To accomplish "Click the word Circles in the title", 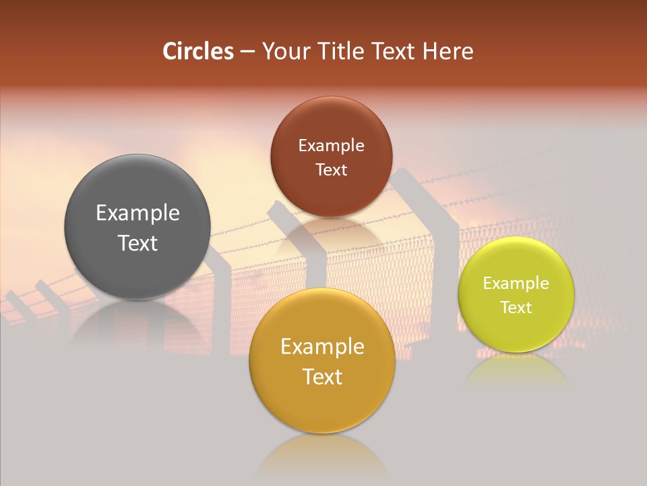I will [x=198, y=51].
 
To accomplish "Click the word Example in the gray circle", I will [x=137, y=213].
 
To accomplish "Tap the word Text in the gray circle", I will [x=137, y=243].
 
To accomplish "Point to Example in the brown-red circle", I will [x=331, y=146].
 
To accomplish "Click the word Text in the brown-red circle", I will [x=331, y=170].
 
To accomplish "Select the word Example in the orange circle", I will [x=322, y=347].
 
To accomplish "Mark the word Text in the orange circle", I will [x=322, y=377].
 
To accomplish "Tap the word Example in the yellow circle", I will [x=516, y=283].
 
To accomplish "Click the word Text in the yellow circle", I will [x=516, y=308].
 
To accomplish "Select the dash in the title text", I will [x=247, y=52].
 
